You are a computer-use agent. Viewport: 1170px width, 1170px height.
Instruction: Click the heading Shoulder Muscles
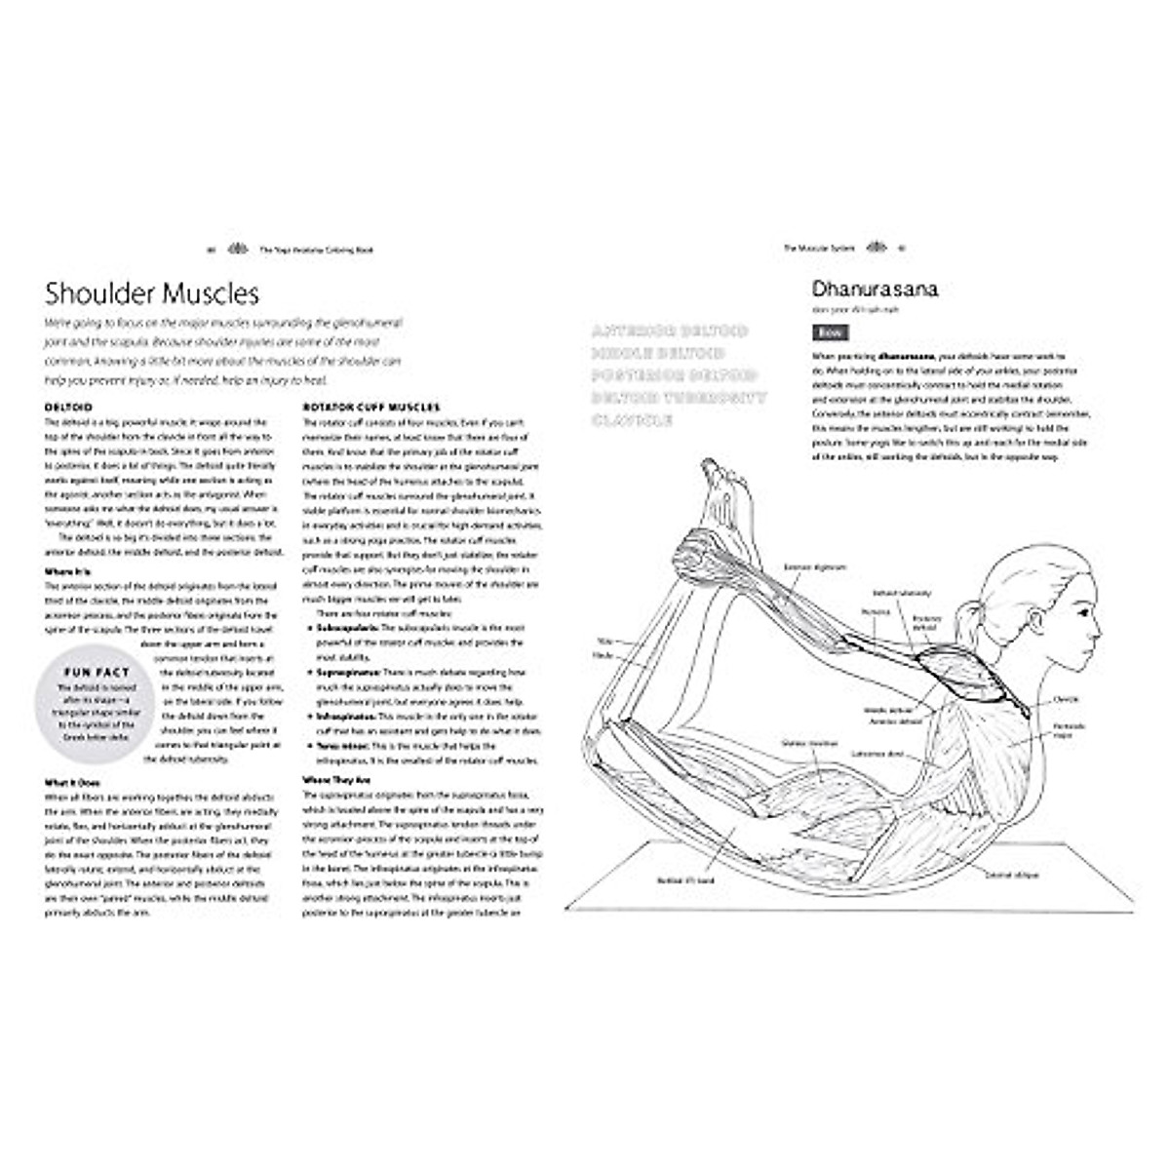tap(152, 293)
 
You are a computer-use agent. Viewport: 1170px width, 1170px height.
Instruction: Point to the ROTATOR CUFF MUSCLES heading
tap(371, 407)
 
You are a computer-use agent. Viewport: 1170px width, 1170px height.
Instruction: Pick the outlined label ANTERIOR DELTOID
tap(669, 331)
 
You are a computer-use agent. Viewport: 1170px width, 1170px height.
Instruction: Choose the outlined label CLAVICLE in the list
tap(631, 420)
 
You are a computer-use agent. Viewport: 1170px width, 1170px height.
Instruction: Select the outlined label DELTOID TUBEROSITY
tap(679, 398)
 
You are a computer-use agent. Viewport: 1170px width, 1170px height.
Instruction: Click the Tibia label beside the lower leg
tap(604, 641)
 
